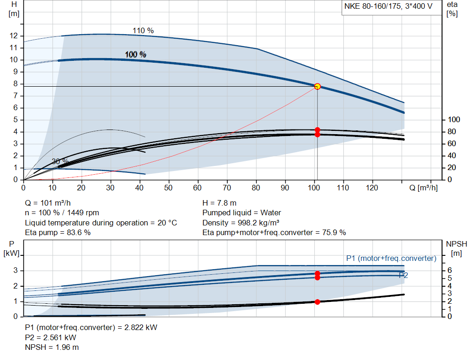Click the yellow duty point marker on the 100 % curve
[317, 86]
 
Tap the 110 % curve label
[143, 30]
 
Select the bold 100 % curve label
[136, 54]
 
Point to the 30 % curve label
[60, 161]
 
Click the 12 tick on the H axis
[14, 36]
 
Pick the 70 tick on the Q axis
[227, 188]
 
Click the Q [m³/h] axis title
[424, 188]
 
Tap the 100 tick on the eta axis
[454, 120]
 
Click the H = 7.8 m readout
[219, 203]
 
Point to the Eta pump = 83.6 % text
[58, 232]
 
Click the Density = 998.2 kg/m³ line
[242, 223]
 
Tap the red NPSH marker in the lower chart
[317, 302]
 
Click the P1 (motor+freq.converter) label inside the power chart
[391, 258]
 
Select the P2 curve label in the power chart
[403, 275]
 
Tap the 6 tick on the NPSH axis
[450, 271]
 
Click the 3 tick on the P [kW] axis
[16, 271]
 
